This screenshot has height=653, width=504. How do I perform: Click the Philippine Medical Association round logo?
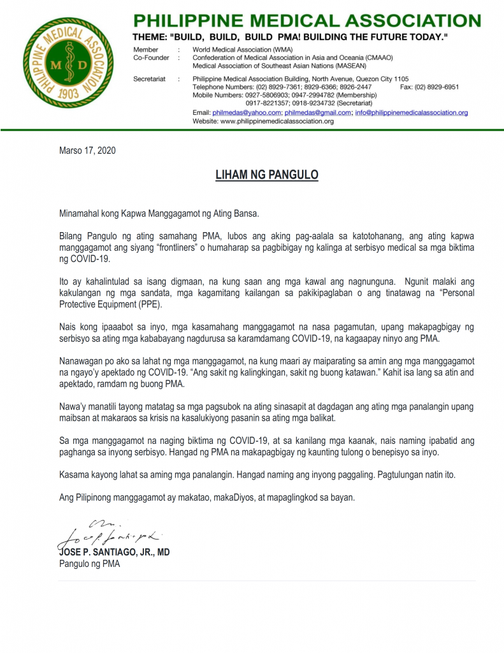coord(68,63)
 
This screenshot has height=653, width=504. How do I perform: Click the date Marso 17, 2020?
coord(87,151)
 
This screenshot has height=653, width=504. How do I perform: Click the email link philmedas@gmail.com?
coord(318,112)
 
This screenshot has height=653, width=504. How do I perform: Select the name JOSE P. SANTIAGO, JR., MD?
coord(115,552)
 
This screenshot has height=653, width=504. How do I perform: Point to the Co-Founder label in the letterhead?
coord(152,57)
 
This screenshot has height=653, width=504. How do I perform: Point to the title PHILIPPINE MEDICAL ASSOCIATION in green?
coord(306,20)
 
